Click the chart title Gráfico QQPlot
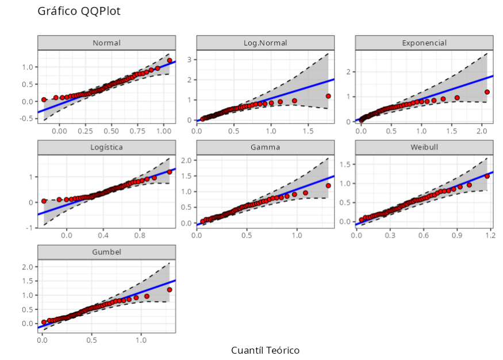[79, 12]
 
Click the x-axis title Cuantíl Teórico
[265, 350]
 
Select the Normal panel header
[106, 43]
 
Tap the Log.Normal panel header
[265, 43]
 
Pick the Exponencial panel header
[424, 43]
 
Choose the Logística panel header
[106, 147]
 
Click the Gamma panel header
[265, 147]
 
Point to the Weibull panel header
[424, 147]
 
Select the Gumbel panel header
[106, 252]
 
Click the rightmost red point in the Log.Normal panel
[328, 96]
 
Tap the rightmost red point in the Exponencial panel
[487, 92]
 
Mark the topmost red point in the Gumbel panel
[170, 290]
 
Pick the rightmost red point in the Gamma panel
[328, 186]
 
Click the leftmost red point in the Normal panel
[44, 99]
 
